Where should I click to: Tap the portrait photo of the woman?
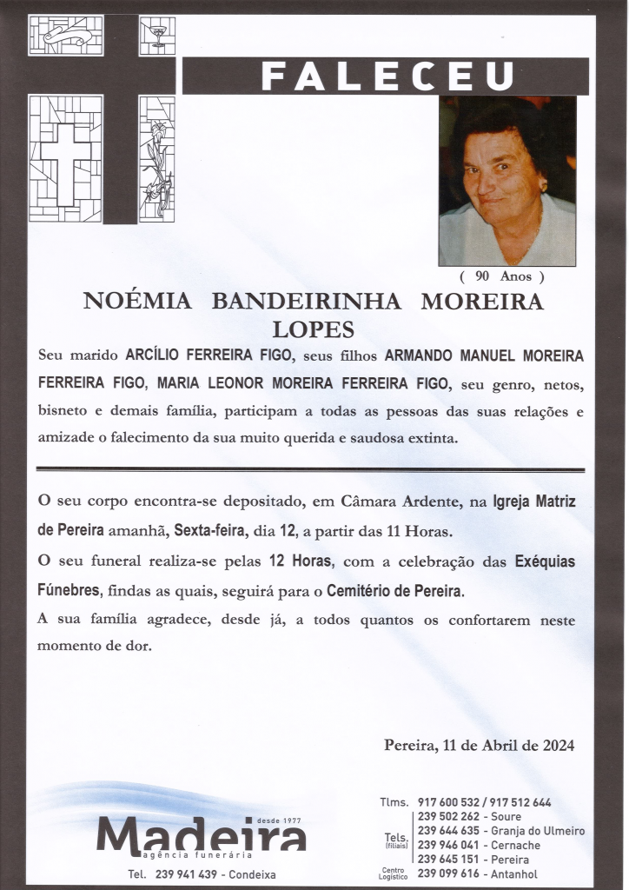pos(507,181)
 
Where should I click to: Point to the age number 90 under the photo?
pos(484,277)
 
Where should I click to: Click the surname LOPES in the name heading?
pos(314,330)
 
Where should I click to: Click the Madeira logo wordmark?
pos(202,835)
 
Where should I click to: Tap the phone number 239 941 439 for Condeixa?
pos(187,873)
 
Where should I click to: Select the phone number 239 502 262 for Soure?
pos(447,817)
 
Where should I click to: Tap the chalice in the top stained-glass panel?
pos(157,36)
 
